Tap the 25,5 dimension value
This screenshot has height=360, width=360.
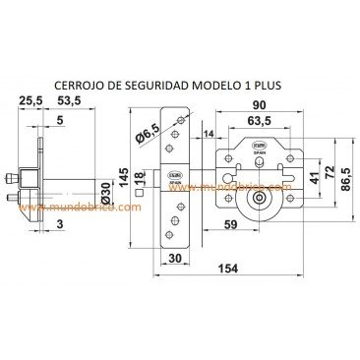click(x=29, y=100)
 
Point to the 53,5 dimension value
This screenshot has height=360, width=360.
click(x=69, y=100)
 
